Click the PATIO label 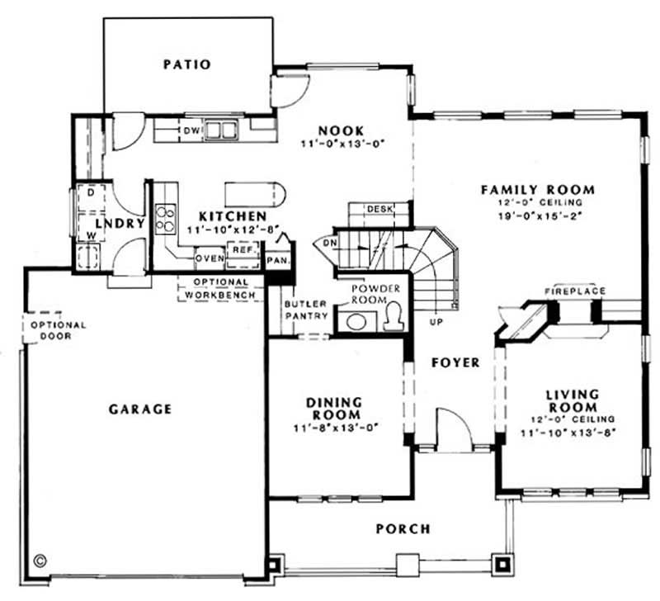[186, 64]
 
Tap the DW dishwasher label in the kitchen [190, 130]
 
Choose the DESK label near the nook [378, 209]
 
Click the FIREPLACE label [575, 291]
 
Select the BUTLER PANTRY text [305, 310]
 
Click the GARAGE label [139, 409]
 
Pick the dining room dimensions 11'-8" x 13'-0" [334, 428]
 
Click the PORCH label [403, 528]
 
